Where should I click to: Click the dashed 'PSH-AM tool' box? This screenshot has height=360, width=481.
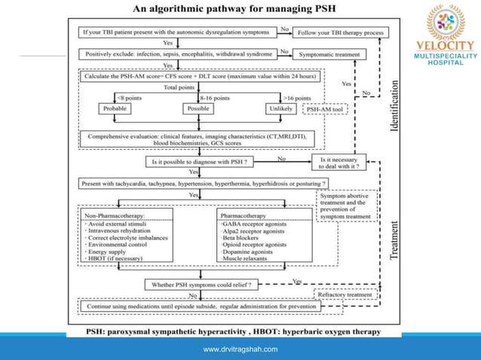(325, 109)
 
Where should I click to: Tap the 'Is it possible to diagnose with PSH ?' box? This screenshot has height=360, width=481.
(199, 161)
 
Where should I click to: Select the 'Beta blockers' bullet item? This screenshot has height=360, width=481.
(239, 237)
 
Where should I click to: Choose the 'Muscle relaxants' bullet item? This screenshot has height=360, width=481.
(244, 258)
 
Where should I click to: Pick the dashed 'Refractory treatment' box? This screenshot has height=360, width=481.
(345, 294)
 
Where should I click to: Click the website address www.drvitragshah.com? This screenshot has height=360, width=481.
(240, 349)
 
